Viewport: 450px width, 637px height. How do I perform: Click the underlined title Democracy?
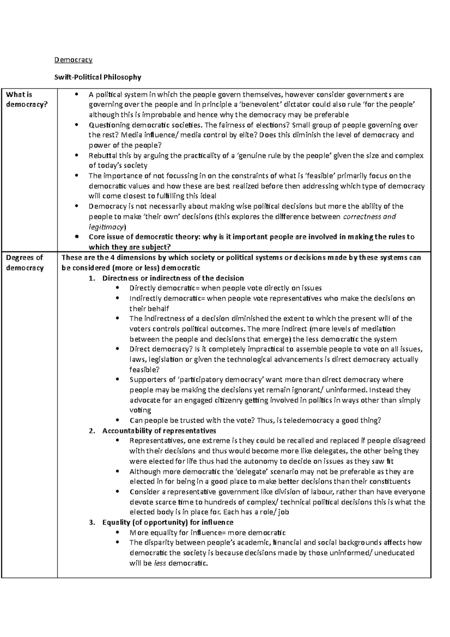73,60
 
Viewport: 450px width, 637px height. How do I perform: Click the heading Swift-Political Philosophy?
97,77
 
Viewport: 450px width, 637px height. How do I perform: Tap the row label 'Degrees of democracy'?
25,263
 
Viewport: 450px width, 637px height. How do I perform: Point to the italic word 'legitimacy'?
106,227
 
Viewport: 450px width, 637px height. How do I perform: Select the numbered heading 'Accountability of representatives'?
159,431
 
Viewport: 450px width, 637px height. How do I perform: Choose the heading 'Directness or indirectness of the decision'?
173,278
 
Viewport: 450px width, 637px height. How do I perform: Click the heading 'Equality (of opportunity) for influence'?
168,522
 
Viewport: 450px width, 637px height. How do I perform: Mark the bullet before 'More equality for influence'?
118,533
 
